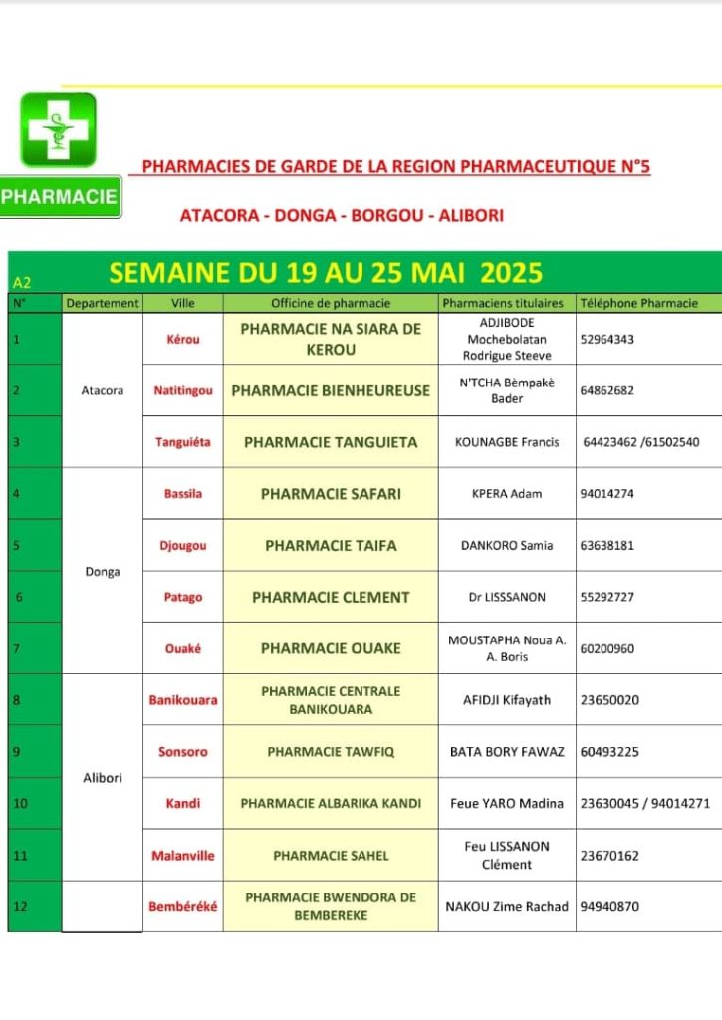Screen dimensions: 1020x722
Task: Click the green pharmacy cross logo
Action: click(x=58, y=129)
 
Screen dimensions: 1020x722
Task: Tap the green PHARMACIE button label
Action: click(x=60, y=197)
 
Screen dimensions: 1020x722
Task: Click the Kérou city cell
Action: click(x=182, y=339)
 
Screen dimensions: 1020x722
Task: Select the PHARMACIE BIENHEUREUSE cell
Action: click(x=331, y=391)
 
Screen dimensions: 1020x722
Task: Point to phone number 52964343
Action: click(x=606, y=339)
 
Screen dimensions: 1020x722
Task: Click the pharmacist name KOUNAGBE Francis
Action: click(x=507, y=442)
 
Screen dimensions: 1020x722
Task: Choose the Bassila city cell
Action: click(x=182, y=494)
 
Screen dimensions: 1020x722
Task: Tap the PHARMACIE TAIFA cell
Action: click(x=331, y=546)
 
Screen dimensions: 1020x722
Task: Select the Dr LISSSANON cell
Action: click(x=507, y=598)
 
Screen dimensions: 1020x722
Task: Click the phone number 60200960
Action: click(x=606, y=649)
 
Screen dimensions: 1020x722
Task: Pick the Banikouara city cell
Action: click(x=182, y=700)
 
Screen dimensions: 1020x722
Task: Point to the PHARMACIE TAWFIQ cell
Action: click(x=331, y=752)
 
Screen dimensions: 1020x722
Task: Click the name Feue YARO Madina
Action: click(x=507, y=804)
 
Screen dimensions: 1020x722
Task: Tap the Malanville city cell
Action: click(x=182, y=856)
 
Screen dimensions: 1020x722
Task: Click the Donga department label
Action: click(x=102, y=572)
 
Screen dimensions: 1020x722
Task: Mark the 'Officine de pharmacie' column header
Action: click(x=331, y=303)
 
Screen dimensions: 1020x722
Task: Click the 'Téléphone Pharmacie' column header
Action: click(x=638, y=303)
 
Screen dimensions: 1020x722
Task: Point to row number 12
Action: click(x=18, y=907)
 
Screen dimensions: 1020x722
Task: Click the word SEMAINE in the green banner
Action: click(x=169, y=272)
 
